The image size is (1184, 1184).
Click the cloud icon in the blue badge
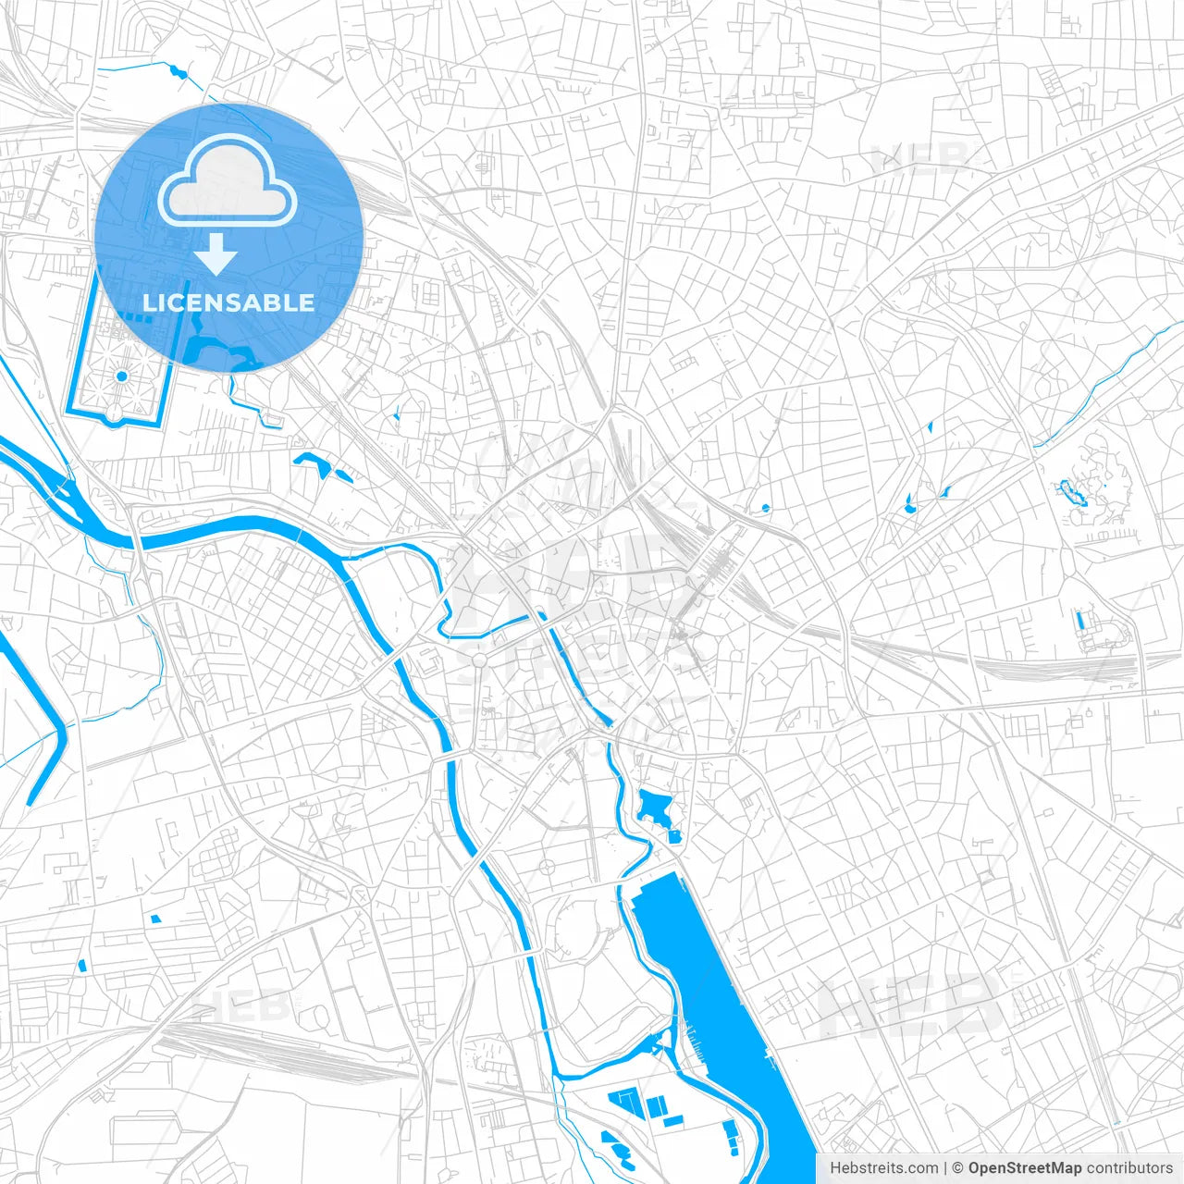coord(228,180)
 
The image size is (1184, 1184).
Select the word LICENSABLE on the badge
coord(228,302)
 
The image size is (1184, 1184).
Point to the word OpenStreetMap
coord(1024,1168)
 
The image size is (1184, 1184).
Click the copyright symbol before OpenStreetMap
coord(958,1168)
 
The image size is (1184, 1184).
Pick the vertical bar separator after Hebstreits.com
coord(945,1168)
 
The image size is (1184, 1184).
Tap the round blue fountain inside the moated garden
coord(121,376)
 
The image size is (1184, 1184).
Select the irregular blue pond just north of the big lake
coord(657,805)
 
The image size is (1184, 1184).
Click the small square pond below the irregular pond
coord(674,837)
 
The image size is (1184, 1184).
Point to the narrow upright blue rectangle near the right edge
coord(1079,620)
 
